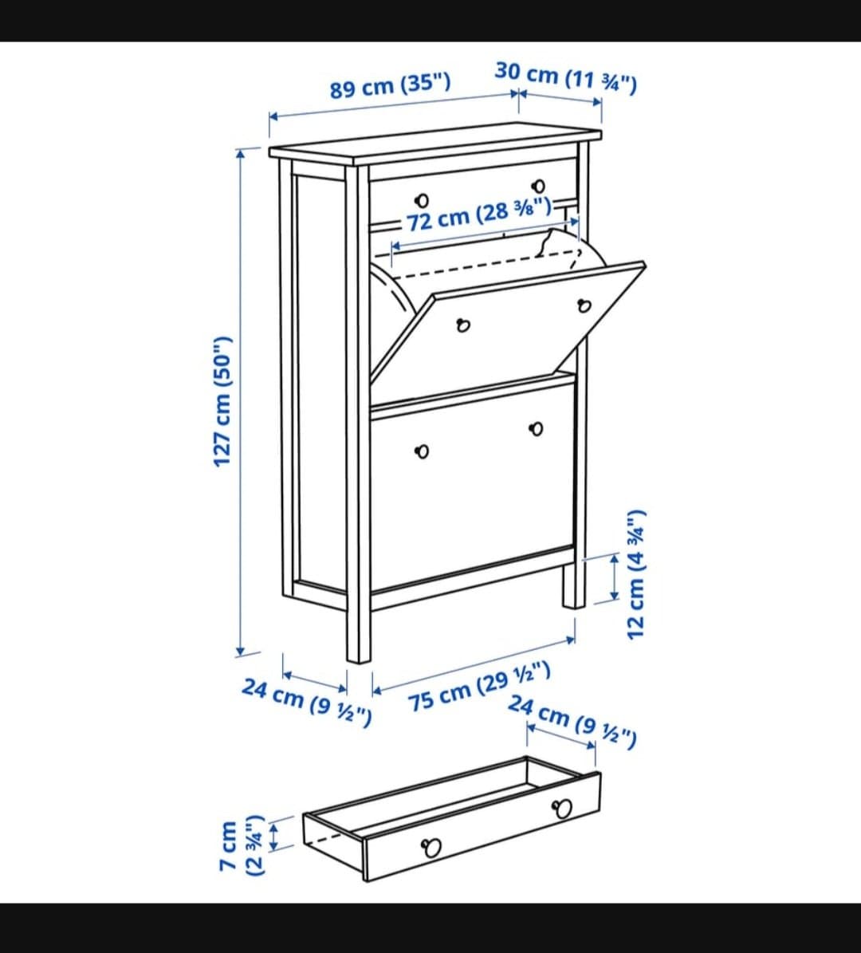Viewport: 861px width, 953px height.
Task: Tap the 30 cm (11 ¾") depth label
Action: click(566, 77)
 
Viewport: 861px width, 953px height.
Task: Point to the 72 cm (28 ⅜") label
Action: click(479, 215)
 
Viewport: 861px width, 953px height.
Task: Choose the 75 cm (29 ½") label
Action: click(479, 687)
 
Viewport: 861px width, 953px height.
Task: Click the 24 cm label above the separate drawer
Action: click(572, 722)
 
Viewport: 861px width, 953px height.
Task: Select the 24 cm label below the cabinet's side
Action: click(306, 702)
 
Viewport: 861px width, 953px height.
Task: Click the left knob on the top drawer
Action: click(421, 200)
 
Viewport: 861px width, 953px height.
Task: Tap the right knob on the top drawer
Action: click(538, 186)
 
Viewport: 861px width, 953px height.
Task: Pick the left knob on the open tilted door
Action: click(463, 325)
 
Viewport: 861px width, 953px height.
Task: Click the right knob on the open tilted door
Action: click(584, 305)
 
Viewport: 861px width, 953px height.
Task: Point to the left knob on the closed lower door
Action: click(422, 451)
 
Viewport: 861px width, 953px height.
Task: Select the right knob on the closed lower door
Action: click(536, 429)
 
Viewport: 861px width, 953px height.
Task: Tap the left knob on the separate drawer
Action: click(432, 847)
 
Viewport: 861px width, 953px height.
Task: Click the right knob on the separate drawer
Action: click(561, 809)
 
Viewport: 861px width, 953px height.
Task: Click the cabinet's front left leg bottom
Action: click(359, 660)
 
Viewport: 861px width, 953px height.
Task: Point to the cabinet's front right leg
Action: click(574, 585)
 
